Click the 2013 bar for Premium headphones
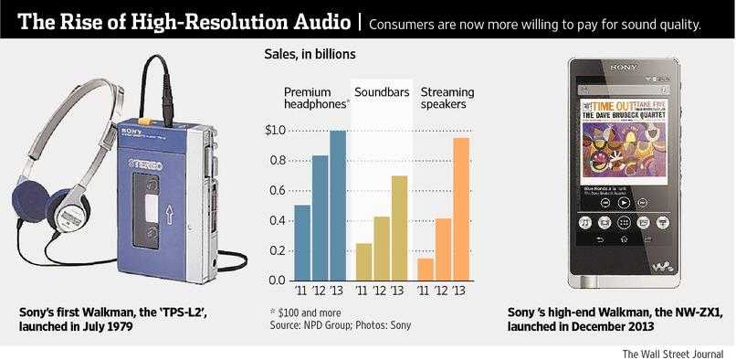[x=338, y=206]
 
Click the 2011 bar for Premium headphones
[x=302, y=243]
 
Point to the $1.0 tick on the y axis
[x=275, y=132]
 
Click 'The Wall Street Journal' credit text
[x=674, y=353]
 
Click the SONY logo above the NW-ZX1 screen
[x=624, y=68]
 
